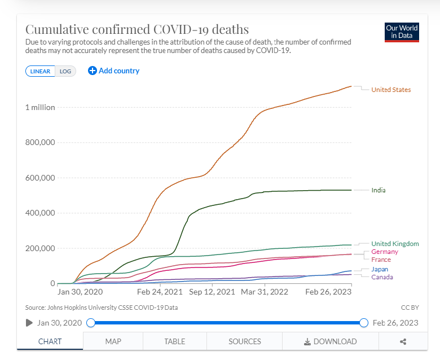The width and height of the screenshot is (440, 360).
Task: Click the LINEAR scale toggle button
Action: [40, 71]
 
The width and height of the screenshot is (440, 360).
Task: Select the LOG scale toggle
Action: [65, 71]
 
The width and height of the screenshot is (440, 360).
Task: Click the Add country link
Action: [114, 71]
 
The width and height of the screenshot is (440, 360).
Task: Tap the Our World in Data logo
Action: [402, 32]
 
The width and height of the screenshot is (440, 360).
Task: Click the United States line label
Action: [391, 90]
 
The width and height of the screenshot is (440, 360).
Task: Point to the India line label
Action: [379, 190]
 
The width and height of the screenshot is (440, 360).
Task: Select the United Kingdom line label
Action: [395, 244]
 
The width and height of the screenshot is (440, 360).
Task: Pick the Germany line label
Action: [385, 252]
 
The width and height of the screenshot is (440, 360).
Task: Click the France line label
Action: [381, 260]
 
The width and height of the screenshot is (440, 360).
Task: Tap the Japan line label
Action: [380, 269]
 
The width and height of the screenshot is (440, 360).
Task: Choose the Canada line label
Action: [382, 277]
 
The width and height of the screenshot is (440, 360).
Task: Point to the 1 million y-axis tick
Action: [39, 107]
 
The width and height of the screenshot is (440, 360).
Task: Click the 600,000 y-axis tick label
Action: [40, 178]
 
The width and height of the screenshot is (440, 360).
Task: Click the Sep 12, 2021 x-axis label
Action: [212, 292]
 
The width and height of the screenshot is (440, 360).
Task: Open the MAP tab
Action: [113, 341]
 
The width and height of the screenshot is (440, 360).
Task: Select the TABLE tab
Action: [174, 341]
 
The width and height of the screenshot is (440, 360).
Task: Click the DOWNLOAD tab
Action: [330, 341]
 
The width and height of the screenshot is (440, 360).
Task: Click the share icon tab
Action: [403, 341]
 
